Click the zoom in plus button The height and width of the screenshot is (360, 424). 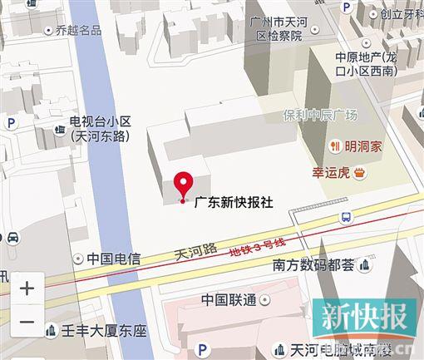(27, 288)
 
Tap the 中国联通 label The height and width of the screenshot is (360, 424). (228, 299)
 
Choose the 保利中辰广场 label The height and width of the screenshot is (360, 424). (319, 115)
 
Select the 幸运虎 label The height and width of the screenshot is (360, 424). (332, 173)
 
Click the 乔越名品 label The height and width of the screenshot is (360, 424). (78, 30)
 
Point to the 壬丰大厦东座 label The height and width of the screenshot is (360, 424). (105, 331)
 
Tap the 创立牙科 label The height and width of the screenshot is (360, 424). (402, 13)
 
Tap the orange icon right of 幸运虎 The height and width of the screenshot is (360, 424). (360, 173)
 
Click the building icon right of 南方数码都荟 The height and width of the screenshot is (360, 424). (365, 266)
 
